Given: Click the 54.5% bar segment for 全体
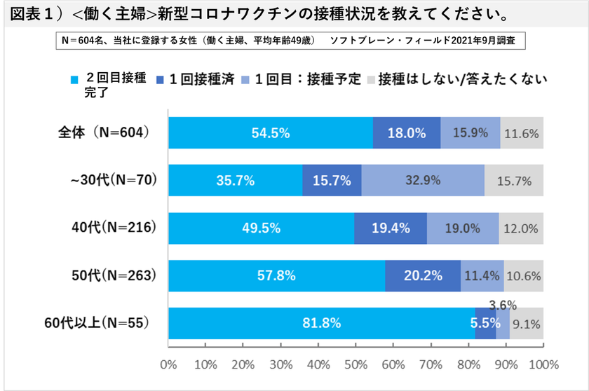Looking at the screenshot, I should (x=271, y=133).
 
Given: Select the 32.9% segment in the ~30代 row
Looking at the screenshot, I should (x=423, y=180).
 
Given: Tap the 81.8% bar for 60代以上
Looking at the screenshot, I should (x=321, y=323).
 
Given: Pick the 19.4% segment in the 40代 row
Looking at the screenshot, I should (x=391, y=228).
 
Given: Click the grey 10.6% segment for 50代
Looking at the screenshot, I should (x=523, y=275).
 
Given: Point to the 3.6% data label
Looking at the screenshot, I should (x=503, y=305).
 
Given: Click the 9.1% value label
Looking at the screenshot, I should (x=527, y=323).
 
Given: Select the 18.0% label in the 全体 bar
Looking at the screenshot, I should (x=407, y=133).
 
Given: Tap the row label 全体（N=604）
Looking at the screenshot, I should (x=104, y=132).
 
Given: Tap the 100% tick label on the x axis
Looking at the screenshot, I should (x=542, y=365).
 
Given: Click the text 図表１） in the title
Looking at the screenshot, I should (x=34, y=14).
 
